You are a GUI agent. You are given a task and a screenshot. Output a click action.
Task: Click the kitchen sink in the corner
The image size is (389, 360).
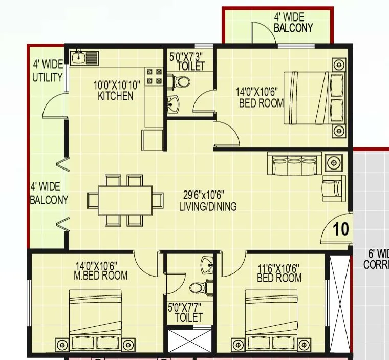84,57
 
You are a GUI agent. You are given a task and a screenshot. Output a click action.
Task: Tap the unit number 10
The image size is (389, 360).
340,229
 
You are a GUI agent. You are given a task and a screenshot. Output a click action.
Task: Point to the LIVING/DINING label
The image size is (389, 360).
208,202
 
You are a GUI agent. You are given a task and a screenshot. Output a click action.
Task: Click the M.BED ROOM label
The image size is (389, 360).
100,271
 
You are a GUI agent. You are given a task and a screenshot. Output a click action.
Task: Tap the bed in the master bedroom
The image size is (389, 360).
96,320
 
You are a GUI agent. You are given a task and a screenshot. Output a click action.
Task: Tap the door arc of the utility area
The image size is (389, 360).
53,107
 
